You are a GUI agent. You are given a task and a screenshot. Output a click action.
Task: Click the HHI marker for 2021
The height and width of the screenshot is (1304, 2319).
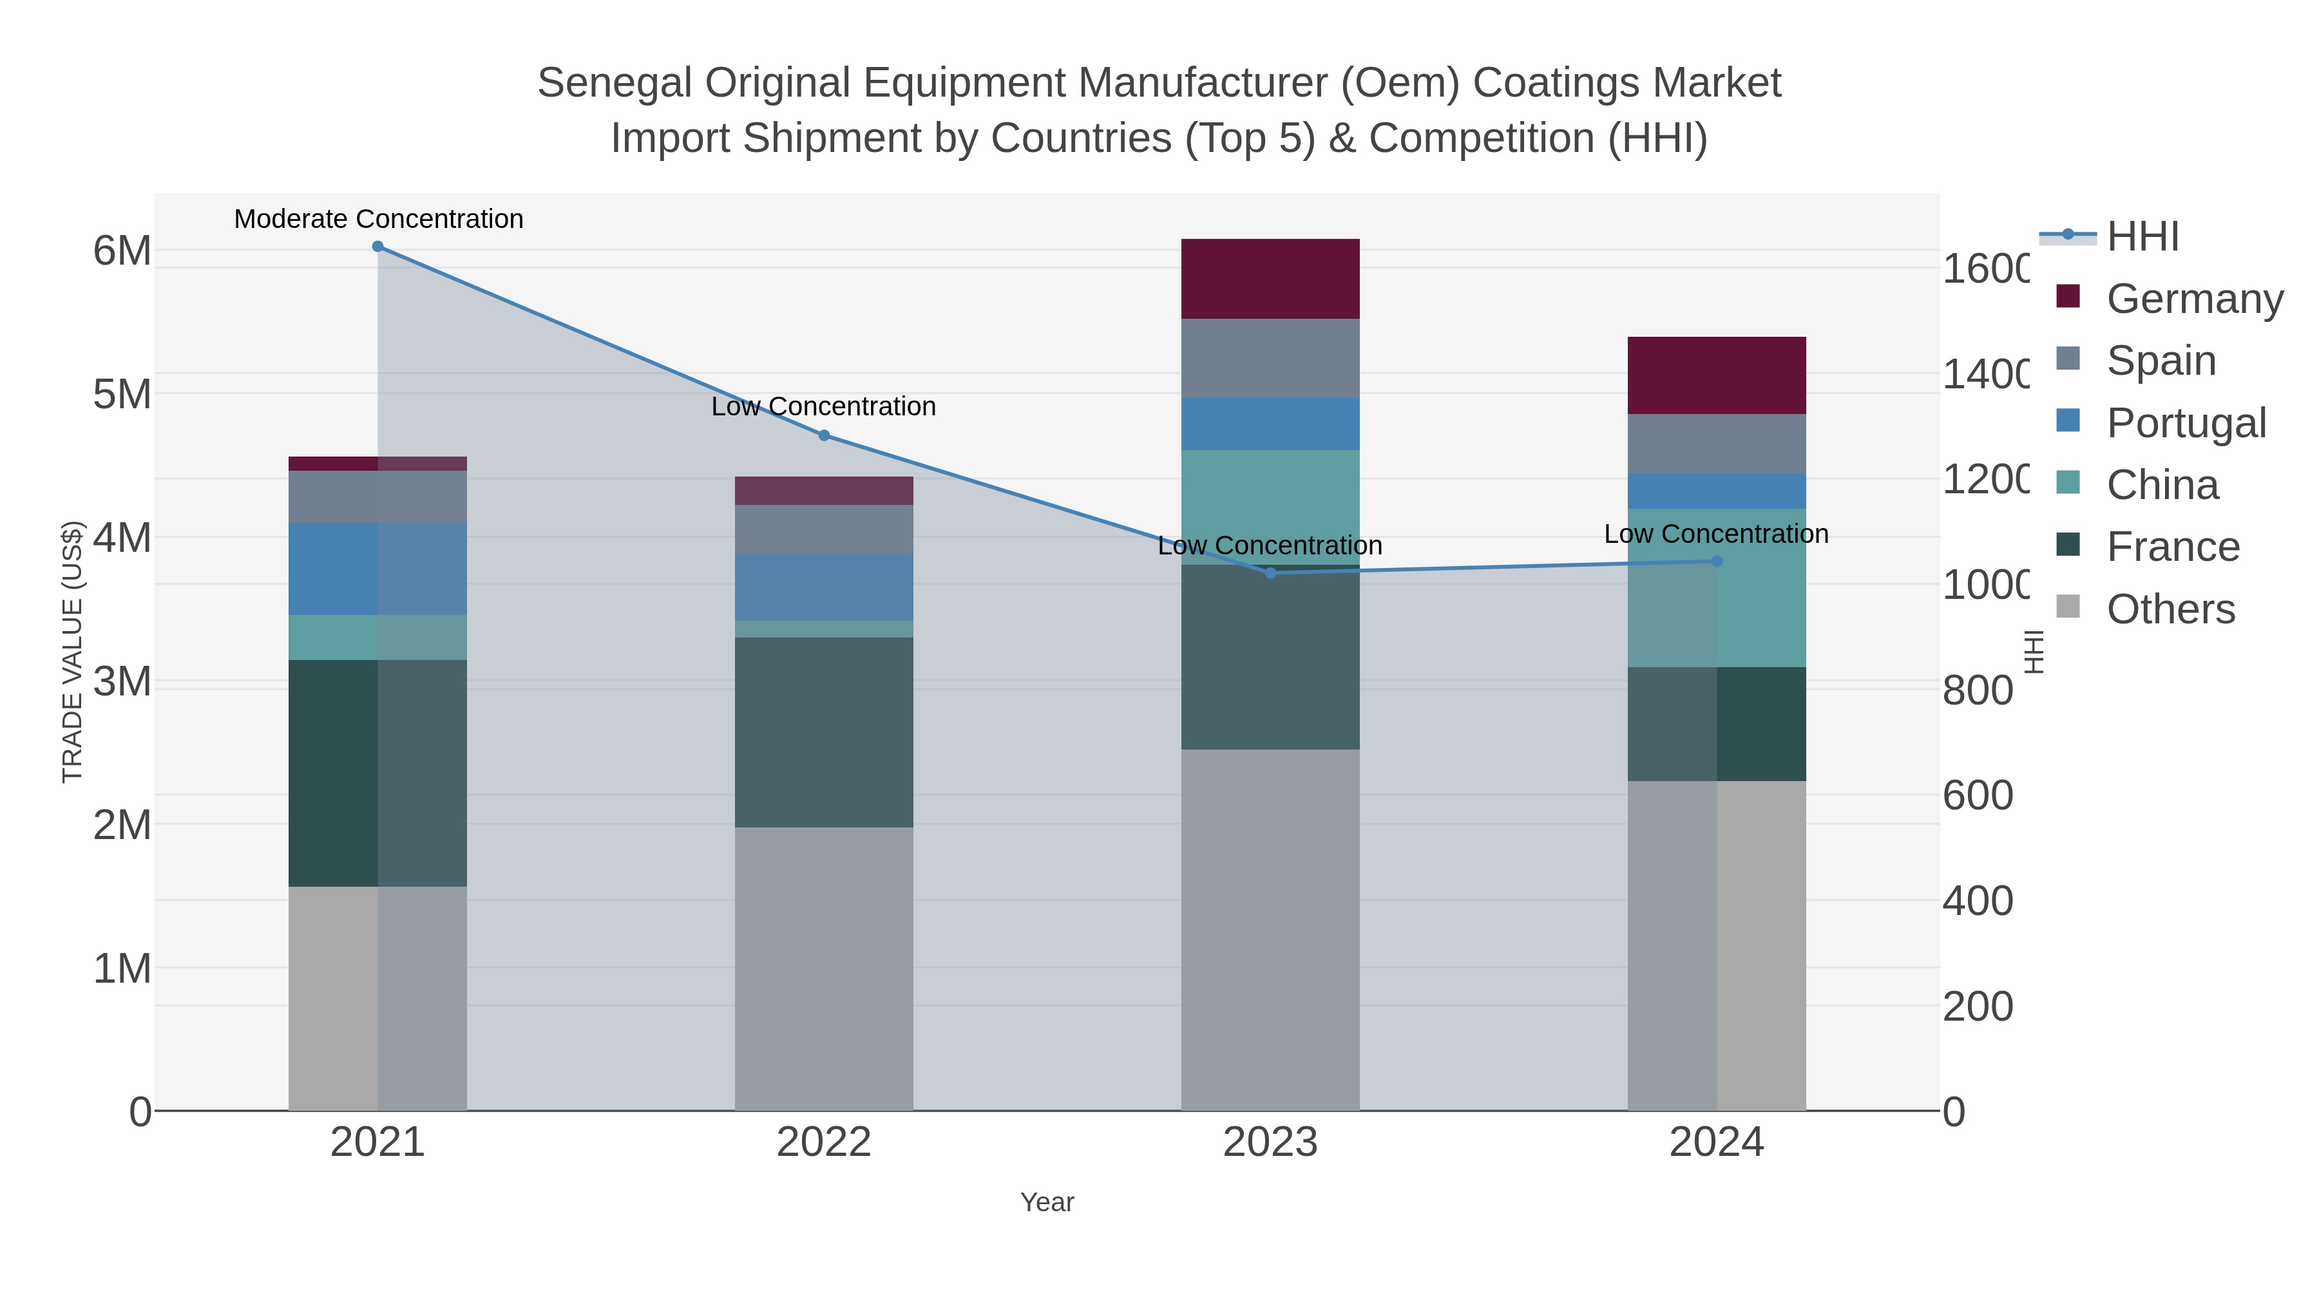(377, 247)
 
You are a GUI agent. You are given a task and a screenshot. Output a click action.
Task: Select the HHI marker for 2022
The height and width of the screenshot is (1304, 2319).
(824, 435)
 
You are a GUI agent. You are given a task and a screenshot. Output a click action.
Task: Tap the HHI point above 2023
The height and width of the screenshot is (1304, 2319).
(1270, 573)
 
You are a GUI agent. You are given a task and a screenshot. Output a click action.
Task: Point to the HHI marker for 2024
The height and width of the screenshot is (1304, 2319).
(1717, 562)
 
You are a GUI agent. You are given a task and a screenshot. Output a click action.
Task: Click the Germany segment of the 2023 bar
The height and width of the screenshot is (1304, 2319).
(1270, 279)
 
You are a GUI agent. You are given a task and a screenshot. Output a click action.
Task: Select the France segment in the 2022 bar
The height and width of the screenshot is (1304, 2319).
(824, 733)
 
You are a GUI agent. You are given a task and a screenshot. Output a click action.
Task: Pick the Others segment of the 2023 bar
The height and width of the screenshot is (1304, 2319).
(1270, 930)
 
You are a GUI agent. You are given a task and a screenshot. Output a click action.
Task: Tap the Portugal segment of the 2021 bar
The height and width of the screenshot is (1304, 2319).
(377, 569)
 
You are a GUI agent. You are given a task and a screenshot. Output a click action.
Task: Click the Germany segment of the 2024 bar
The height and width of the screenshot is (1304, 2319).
(1717, 375)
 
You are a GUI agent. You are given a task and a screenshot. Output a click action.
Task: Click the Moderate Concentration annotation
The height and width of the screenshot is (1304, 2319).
(378, 220)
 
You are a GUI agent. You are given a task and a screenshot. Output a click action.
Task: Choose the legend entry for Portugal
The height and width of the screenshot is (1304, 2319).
(2186, 423)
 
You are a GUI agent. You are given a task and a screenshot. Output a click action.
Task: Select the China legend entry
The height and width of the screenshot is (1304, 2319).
(2162, 485)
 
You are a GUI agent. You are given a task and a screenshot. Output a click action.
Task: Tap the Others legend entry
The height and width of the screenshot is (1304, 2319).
(2170, 609)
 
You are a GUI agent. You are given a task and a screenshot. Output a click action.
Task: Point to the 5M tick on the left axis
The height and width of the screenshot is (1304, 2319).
(122, 394)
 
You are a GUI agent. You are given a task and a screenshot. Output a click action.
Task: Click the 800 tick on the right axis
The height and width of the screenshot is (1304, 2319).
(1977, 691)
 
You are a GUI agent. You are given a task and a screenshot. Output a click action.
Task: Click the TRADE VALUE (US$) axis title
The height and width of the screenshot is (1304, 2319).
(72, 652)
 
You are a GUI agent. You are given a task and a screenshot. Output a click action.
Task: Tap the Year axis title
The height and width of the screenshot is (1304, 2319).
(1047, 1202)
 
